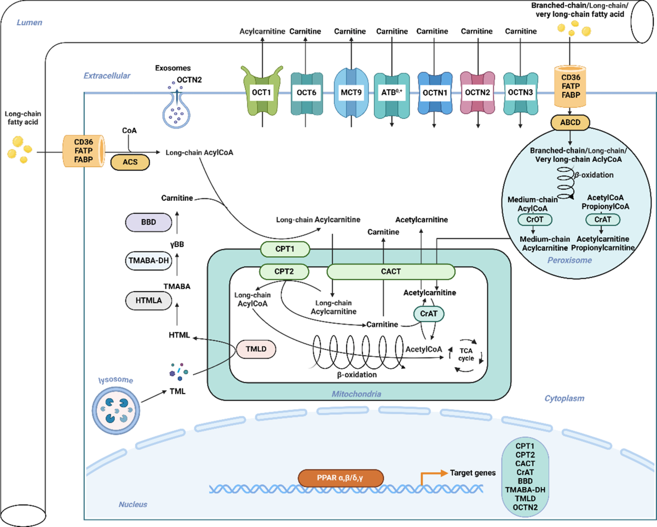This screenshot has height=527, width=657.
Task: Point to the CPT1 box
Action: (x=284, y=250)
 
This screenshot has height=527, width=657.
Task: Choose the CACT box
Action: (x=391, y=271)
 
